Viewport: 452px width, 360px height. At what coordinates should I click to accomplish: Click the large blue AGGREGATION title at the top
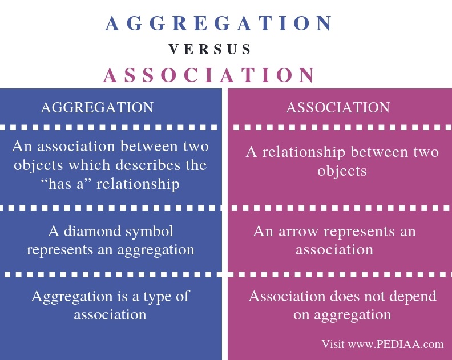tap(219, 23)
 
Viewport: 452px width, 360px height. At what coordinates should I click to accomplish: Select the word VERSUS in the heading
tap(210, 50)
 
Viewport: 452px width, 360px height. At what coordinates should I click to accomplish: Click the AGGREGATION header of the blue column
tap(97, 107)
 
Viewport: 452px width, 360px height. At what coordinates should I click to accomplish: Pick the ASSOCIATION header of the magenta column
tap(338, 107)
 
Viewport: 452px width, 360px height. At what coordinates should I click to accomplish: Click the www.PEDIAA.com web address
tap(395, 344)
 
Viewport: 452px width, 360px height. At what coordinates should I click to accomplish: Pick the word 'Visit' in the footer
tap(333, 344)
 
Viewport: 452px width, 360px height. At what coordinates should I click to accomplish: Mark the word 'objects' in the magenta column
tap(342, 171)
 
